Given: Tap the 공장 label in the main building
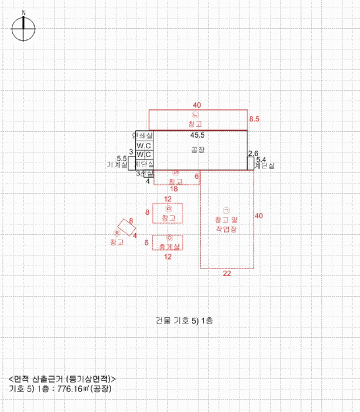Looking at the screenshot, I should (198, 150).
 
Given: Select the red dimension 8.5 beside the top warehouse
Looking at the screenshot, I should (254, 119).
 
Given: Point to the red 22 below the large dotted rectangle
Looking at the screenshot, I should (226, 274).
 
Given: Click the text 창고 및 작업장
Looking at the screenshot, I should (226, 223).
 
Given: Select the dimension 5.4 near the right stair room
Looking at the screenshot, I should (261, 160).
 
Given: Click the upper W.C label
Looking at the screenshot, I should (144, 145).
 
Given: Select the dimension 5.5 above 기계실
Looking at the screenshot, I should (122, 158).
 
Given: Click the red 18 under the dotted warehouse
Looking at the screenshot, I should (174, 189).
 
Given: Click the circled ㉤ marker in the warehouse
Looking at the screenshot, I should (168, 209).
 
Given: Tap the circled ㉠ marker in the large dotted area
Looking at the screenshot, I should (226, 210).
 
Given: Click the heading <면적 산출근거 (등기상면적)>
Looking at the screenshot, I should (62, 378).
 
